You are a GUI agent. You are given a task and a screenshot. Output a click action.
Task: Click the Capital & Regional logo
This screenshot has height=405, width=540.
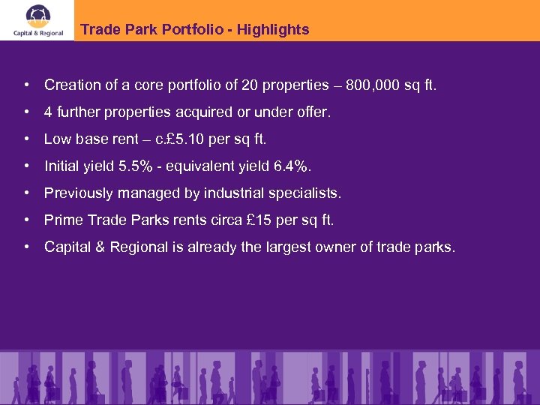[37, 20]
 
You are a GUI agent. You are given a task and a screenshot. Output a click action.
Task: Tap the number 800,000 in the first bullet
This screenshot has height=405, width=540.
[373, 85]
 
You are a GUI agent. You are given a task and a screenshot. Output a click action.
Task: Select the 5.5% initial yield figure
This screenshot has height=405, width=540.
[136, 166]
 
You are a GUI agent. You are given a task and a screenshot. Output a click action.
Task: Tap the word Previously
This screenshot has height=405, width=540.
[77, 193]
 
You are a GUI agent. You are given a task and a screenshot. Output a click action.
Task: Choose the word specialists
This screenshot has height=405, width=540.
[305, 193]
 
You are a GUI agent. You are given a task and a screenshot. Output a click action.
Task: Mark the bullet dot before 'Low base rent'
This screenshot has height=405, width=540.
[27, 139]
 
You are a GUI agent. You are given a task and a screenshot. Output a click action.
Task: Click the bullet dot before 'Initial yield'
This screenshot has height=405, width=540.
[27, 166]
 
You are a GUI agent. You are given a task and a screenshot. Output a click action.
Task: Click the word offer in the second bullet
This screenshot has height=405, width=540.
[313, 112]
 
